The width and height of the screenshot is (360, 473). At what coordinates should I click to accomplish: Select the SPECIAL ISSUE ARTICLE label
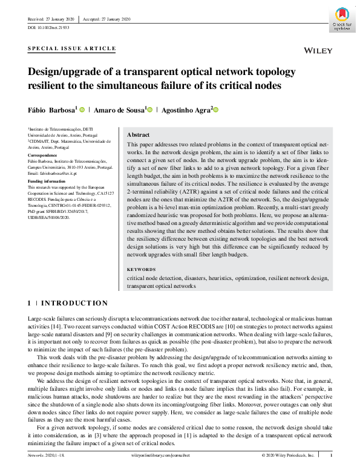click(71, 48)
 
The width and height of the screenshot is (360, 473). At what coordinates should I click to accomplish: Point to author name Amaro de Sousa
click(120, 110)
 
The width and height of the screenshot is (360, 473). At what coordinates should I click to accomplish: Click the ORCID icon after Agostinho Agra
click(215, 110)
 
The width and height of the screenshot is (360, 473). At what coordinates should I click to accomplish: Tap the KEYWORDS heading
click(142, 269)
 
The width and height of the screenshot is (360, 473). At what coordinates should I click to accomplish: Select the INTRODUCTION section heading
click(74, 303)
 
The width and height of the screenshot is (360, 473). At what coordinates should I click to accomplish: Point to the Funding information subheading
click(48, 181)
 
